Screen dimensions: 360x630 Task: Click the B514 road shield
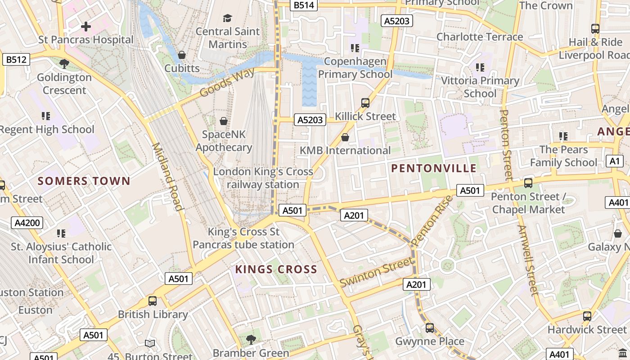304,5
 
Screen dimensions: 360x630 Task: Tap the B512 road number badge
16,59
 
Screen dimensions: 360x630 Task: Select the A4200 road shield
27,222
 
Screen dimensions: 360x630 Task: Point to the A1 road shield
615,161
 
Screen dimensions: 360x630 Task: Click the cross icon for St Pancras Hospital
85,27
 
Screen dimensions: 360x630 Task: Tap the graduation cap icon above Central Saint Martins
228,18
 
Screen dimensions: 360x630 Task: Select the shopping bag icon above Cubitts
182,55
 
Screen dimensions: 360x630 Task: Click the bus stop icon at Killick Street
365,103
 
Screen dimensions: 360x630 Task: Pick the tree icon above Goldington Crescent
64,64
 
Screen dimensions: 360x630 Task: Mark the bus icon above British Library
153,301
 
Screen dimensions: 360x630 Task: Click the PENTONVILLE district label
433,168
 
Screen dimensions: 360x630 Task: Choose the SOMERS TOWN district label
84,181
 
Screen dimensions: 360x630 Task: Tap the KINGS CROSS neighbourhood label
276,269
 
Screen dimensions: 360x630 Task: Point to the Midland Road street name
167,177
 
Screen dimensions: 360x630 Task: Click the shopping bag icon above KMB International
345,137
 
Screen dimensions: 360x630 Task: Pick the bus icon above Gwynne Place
430,328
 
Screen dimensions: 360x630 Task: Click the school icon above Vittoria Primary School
480,67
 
